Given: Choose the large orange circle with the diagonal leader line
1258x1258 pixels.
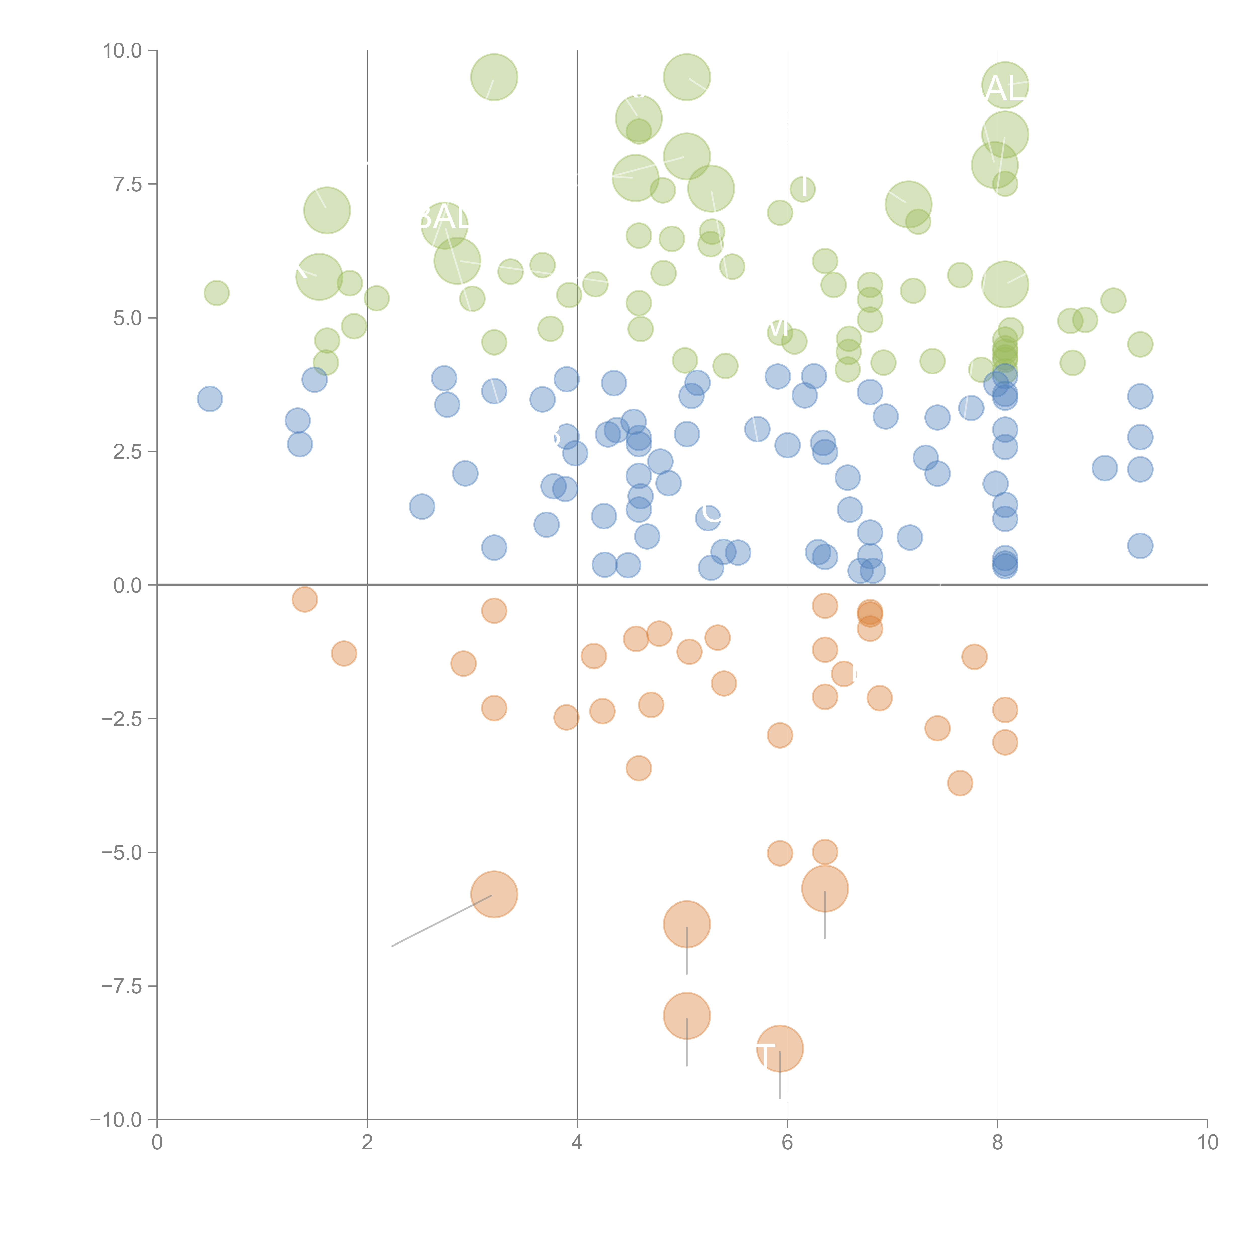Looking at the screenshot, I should pos(494,894).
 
